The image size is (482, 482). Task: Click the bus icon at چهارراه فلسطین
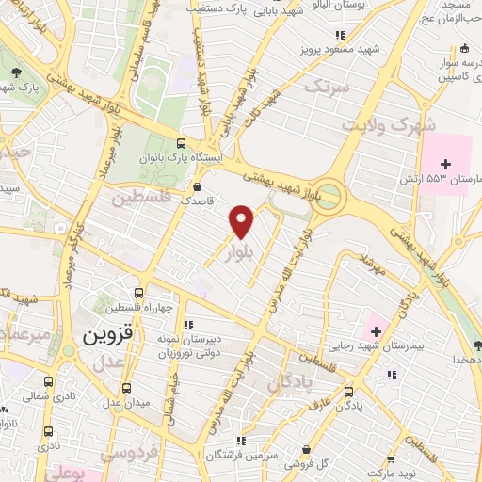(x=139, y=293)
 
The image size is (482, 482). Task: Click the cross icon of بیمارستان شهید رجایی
(x=377, y=331)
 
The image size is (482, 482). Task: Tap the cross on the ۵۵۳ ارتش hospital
(x=445, y=164)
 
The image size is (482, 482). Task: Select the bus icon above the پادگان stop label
(x=349, y=391)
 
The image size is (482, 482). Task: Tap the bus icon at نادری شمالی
(x=49, y=382)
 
